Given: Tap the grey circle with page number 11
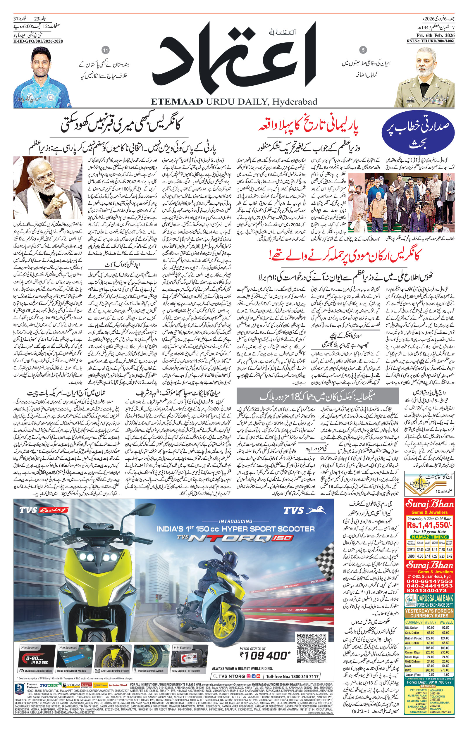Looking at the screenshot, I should [x=106, y=50].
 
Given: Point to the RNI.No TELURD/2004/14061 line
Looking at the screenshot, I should [x=431, y=41].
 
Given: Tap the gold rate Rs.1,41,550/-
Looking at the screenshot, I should [x=429, y=525].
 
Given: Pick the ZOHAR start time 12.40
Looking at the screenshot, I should [x=420, y=550].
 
